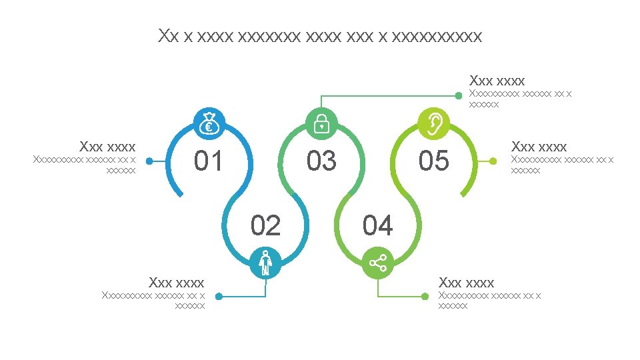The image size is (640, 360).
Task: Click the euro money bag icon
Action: (209, 123)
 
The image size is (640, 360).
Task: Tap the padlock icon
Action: (321, 123)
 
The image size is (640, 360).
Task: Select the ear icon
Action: (433, 123)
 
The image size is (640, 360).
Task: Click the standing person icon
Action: (265, 263)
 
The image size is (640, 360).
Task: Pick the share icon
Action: (378, 263)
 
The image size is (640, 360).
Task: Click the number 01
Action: (208, 161)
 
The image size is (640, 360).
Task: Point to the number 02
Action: (265, 226)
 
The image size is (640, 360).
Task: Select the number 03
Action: (321, 161)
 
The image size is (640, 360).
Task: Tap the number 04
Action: (378, 226)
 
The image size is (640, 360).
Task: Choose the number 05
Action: (433, 161)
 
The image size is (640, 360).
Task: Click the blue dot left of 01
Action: (149, 161)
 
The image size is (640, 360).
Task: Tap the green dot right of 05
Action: (493, 161)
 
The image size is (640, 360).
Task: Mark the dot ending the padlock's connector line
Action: (459, 95)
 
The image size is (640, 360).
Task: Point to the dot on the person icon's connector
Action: (219, 297)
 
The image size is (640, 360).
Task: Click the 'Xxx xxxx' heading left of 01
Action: (107, 146)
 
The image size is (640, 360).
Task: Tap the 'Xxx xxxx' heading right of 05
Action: (539, 146)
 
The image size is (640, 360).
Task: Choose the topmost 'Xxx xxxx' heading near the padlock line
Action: (497, 81)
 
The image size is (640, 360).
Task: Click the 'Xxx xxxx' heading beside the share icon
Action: (466, 283)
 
